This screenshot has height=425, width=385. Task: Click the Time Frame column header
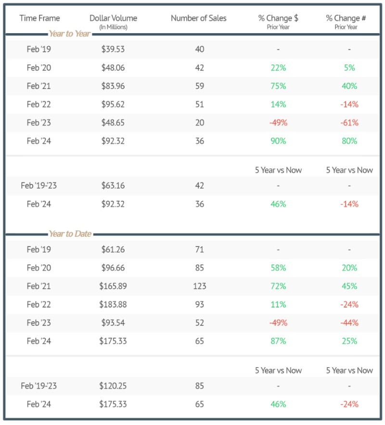point(39,18)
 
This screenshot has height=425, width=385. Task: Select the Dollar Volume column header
point(113,18)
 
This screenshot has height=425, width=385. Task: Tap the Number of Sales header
point(198,18)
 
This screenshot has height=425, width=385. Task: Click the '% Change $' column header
point(278,18)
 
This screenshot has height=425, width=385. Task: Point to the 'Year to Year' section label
point(70,34)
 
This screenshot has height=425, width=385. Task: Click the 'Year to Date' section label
point(70,234)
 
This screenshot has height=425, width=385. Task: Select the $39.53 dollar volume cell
point(113,49)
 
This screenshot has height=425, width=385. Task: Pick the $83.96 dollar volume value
point(113,86)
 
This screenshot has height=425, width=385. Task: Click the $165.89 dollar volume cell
point(113,286)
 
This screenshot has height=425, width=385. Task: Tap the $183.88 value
point(113,305)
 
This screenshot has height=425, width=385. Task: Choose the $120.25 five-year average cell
point(113,386)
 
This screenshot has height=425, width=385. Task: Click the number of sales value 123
point(200,286)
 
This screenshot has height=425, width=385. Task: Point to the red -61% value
point(349,123)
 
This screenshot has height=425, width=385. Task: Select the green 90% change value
point(278,141)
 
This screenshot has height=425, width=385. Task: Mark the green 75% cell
point(278,86)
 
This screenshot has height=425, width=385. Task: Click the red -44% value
point(349,323)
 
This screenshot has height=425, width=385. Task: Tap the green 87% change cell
point(278,341)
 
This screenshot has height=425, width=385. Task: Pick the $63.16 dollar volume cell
point(113,185)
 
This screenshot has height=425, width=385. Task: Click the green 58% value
point(278,268)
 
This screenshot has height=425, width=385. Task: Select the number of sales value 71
point(200,249)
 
